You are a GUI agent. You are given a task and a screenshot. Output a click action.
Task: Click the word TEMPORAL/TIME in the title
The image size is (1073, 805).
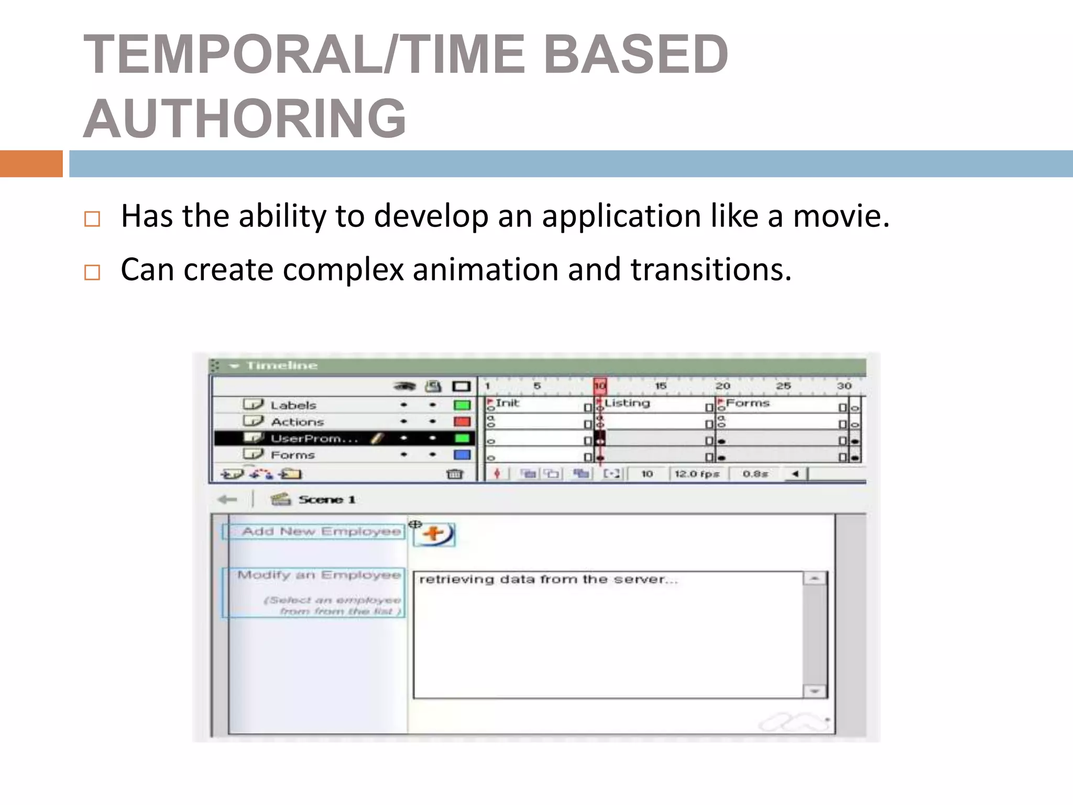304,54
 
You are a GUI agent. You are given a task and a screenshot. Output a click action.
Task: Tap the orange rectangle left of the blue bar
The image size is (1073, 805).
31,164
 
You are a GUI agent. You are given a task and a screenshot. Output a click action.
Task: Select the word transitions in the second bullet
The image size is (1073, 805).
710,270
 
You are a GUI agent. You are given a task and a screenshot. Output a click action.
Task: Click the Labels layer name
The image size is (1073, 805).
293,405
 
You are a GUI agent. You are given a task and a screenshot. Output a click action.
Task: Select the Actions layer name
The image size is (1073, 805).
297,422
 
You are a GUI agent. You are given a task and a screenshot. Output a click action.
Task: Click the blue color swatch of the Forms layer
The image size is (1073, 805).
462,455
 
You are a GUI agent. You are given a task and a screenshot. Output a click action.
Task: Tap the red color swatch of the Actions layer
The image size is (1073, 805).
462,422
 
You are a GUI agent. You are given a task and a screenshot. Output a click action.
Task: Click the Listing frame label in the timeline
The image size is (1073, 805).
627,403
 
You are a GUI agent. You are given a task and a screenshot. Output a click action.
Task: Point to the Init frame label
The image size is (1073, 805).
507,403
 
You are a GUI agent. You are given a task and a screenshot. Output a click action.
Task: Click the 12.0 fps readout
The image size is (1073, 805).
696,474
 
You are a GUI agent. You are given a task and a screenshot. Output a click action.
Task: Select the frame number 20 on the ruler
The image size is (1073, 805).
722,386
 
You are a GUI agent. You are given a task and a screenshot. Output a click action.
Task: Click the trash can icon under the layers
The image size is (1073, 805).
454,474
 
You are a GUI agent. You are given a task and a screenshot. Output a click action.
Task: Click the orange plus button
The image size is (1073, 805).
434,535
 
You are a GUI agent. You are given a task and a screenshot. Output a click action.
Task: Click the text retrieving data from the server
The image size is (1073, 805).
548,580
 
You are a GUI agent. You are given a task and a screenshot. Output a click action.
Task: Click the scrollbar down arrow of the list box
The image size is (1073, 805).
814,691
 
